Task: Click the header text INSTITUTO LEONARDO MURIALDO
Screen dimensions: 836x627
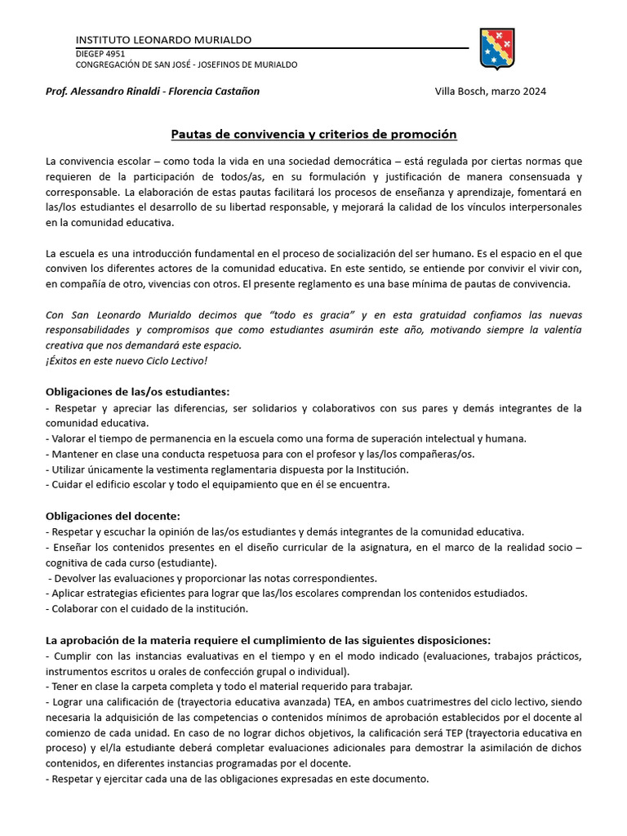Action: coord(163,40)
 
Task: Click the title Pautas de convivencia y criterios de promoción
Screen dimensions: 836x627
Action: coord(313,134)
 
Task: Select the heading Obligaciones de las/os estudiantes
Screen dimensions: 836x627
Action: coord(138,393)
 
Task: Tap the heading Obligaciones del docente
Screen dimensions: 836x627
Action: coord(113,516)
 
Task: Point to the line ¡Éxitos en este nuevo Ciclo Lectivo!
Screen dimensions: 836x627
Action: coord(127,360)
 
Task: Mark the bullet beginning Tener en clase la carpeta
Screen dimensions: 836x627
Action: coord(229,686)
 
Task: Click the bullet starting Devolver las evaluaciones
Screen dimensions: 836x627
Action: coord(212,577)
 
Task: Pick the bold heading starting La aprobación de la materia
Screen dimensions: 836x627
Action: coord(269,639)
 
